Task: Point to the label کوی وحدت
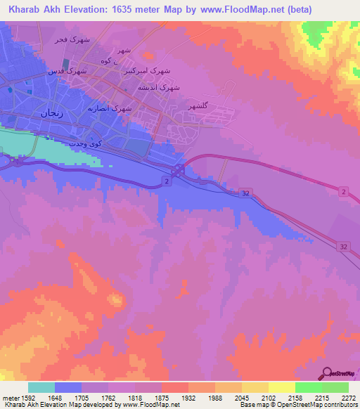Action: (86, 143)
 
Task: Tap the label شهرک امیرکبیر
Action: (147, 72)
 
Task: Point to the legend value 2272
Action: (349, 398)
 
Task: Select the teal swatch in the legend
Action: (41, 387)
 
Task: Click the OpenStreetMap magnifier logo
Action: (327, 373)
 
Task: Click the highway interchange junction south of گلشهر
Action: (179, 171)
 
